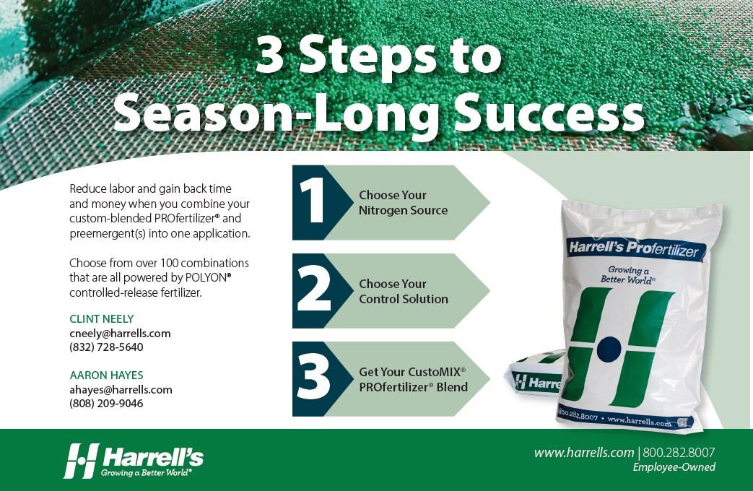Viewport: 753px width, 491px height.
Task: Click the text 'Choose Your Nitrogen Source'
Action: point(403,202)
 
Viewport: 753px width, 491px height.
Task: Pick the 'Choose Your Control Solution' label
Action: point(404,291)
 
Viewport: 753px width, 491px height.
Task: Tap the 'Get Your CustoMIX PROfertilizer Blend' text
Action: point(413,379)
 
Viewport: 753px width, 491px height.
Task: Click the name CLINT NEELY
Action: point(101,318)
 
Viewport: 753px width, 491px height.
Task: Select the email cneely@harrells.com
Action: point(120,333)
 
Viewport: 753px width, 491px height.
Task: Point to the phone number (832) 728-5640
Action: point(106,347)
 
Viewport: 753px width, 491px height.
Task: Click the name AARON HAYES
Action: point(106,375)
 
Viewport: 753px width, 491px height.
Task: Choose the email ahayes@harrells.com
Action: point(121,389)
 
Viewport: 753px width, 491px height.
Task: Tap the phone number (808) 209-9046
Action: point(106,403)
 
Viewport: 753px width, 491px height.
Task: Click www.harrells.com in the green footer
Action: point(584,453)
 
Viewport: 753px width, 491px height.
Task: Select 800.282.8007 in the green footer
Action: point(679,453)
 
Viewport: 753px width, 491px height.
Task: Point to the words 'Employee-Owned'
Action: point(674,467)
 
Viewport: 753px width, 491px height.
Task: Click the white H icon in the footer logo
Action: point(81,461)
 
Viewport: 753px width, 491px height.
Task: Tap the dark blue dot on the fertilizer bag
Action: point(609,349)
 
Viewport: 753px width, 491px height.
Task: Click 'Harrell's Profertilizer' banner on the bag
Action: point(634,249)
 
